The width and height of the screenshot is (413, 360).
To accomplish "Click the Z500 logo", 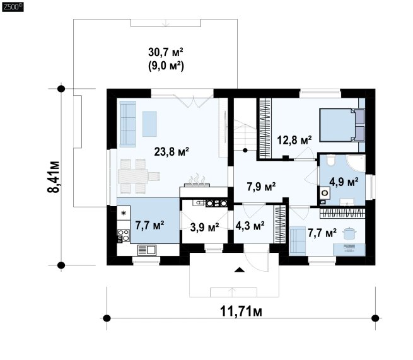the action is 13,7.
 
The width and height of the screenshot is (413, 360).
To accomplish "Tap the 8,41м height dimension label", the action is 54,177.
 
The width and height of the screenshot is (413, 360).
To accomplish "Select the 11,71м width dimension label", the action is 241,311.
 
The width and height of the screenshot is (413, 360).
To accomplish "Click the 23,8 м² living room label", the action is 172,151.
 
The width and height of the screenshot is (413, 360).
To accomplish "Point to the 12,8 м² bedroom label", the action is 294,140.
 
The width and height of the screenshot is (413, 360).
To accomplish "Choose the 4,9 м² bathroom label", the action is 344,182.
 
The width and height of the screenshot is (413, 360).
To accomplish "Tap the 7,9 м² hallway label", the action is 261,187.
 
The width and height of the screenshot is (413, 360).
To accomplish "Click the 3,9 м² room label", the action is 204,227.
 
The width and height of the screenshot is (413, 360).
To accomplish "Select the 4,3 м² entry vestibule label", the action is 250,226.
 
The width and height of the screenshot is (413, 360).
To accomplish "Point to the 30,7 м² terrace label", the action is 166,52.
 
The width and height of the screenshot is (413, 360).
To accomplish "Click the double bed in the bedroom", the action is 342,125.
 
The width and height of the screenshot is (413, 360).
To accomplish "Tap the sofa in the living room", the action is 128,124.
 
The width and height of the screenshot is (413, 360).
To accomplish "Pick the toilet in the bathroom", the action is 330,160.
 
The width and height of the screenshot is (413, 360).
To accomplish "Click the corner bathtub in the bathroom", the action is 356,163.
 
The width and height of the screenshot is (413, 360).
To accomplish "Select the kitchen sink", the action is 147,250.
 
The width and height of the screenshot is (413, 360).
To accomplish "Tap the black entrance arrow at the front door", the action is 239,269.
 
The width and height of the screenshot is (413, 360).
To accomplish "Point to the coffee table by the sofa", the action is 149,124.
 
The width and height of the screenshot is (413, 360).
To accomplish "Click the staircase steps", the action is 245,135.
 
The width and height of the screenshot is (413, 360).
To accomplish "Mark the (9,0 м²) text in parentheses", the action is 166,66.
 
